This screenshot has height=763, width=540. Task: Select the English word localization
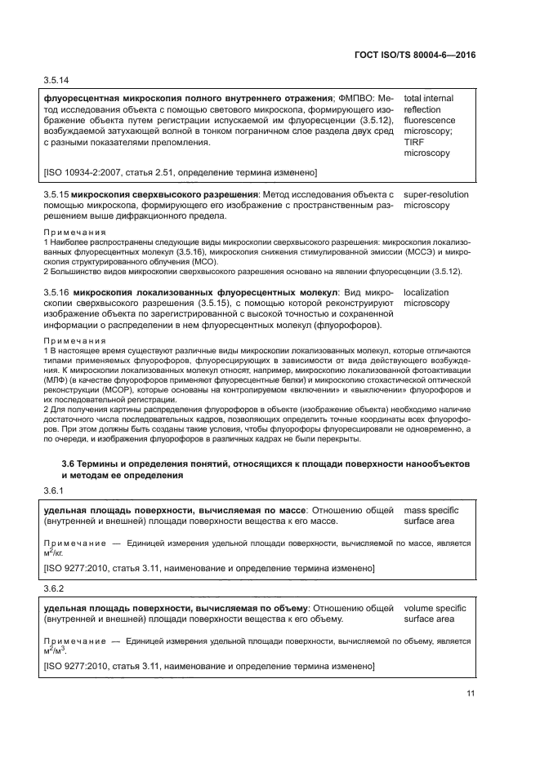pyautogui.click(x=426, y=291)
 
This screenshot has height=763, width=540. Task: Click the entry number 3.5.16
pyautogui.click(x=55, y=291)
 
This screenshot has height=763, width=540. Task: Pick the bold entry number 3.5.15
pyautogui.click(x=55, y=195)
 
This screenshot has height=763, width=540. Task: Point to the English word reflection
pyautogui.click(x=422, y=109)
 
